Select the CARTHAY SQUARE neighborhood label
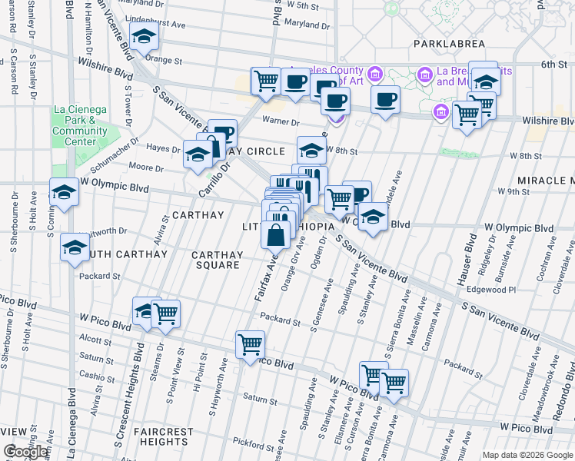[x=217, y=260]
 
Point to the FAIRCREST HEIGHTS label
[x=163, y=437]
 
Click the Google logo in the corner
[x=25, y=452]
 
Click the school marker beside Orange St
[x=143, y=36]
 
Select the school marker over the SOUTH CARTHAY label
[x=75, y=247]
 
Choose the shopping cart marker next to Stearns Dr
[x=165, y=313]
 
